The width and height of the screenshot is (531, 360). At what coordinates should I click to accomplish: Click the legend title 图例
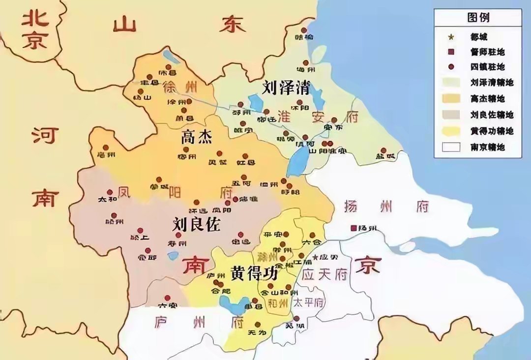[x=477, y=17]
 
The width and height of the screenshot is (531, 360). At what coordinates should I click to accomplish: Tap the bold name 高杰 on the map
[x=197, y=136]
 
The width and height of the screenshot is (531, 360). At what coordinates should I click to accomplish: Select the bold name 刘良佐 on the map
[x=197, y=224]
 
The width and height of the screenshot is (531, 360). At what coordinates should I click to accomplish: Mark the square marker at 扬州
[x=353, y=228]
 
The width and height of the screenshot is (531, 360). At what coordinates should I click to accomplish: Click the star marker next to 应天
[x=315, y=257]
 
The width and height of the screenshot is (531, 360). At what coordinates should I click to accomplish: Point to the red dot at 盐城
[x=383, y=150]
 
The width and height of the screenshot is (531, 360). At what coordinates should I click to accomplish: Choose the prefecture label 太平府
[x=308, y=303]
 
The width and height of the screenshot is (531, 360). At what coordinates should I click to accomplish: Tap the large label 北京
[x=34, y=30]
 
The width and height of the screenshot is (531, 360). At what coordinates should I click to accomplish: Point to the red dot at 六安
[x=167, y=298]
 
